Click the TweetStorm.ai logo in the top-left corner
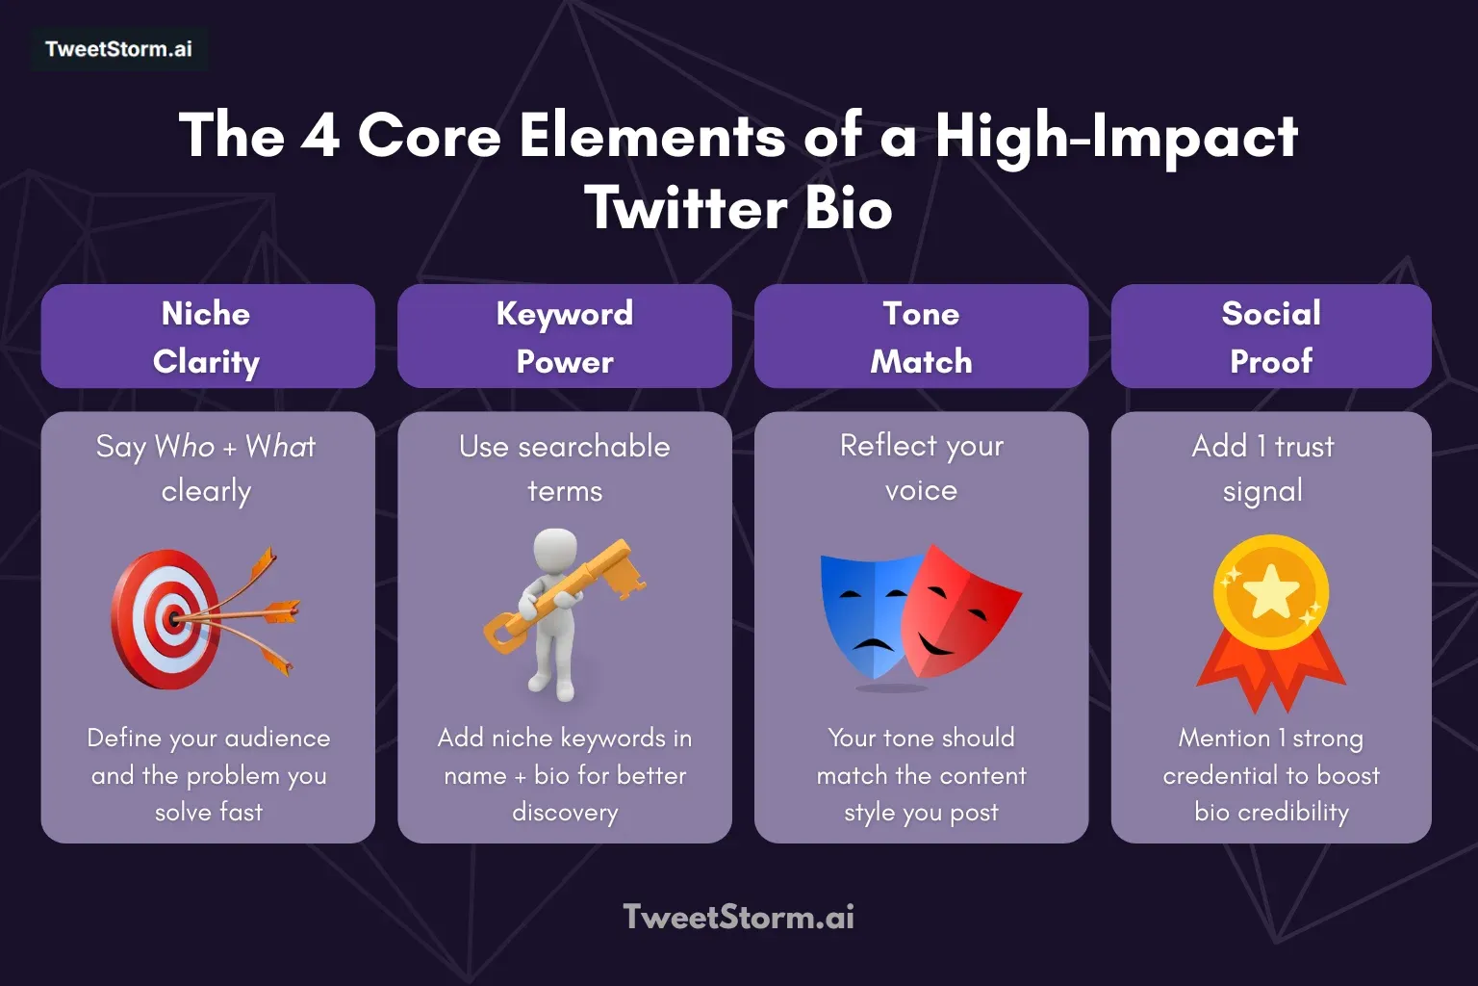(x=118, y=49)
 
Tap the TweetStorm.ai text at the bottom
(x=738, y=917)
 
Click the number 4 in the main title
(x=319, y=135)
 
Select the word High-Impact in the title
(x=1116, y=137)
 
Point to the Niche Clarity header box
(x=207, y=336)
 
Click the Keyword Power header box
(x=565, y=336)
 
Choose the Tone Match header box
(x=921, y=336)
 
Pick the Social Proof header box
(x=1270, y=336)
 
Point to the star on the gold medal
(x=1270, y=591)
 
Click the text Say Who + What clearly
(x=206, y=468)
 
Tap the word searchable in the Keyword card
(x=594, y=447)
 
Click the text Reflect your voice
(x=921, y=468)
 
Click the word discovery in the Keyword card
(x=565, y=812)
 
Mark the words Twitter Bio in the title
(x=738, y=209)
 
